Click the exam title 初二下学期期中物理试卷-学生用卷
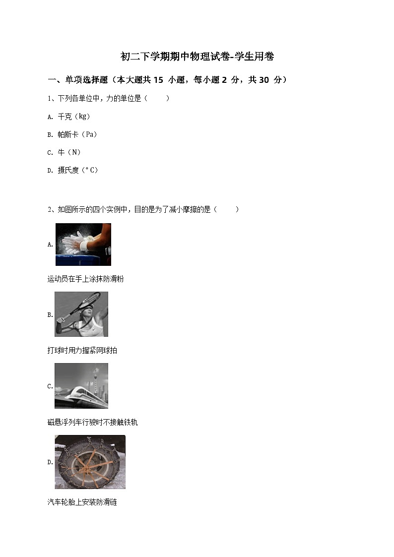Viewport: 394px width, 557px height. pyautogui.click(x=197, y=57)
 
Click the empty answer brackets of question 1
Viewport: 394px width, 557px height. pyautogui.click(x=157, y=99)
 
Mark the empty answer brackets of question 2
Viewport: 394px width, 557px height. pyautogui.click(x=227, y=210)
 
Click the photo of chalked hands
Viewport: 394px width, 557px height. pyautogui.click(x=83, y=245)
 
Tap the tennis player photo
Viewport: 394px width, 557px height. pyautogui.click(x=81, y=314)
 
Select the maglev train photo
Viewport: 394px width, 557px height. pyautogui.click(x=81, y=386)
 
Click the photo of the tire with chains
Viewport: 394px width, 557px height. pyautogui.click(x=90, y=462)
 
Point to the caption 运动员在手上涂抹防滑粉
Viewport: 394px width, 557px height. pyautogui.click(x=85, y=279)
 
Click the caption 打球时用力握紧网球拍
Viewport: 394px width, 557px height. pyautogui.click(x=82, y=351)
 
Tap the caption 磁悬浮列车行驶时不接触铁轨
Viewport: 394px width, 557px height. pyautogui.click(x=92, y=423)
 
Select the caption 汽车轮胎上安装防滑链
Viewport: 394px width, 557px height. pyautogui.click(x=82, y=502)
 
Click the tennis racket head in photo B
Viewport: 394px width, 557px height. pyautogui.click(x=88, y=300)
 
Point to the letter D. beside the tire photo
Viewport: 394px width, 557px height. pyautogui.click(x=50, y=462)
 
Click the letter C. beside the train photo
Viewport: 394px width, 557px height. pyautogui.click(x=50, y=386)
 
